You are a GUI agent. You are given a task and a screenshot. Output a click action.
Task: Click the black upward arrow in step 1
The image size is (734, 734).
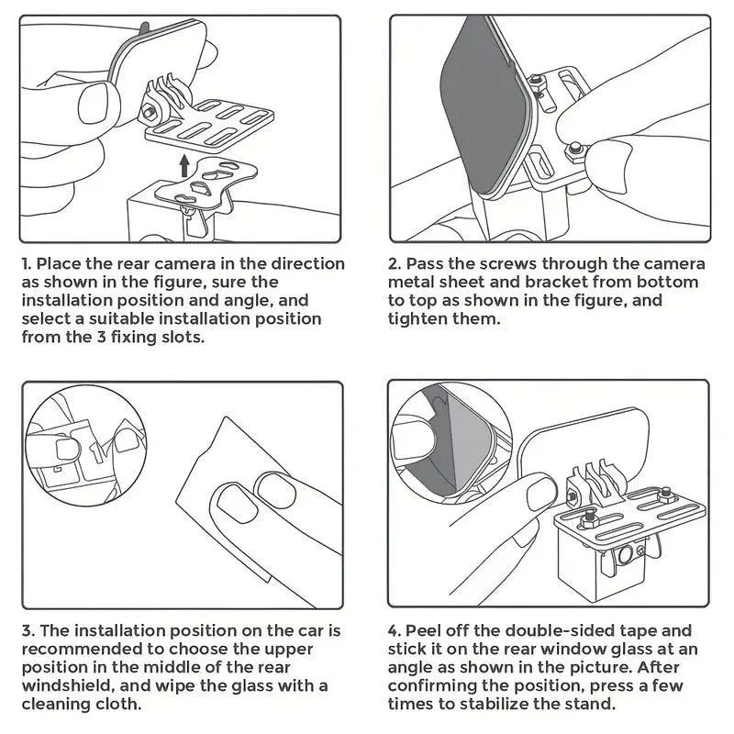185,165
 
